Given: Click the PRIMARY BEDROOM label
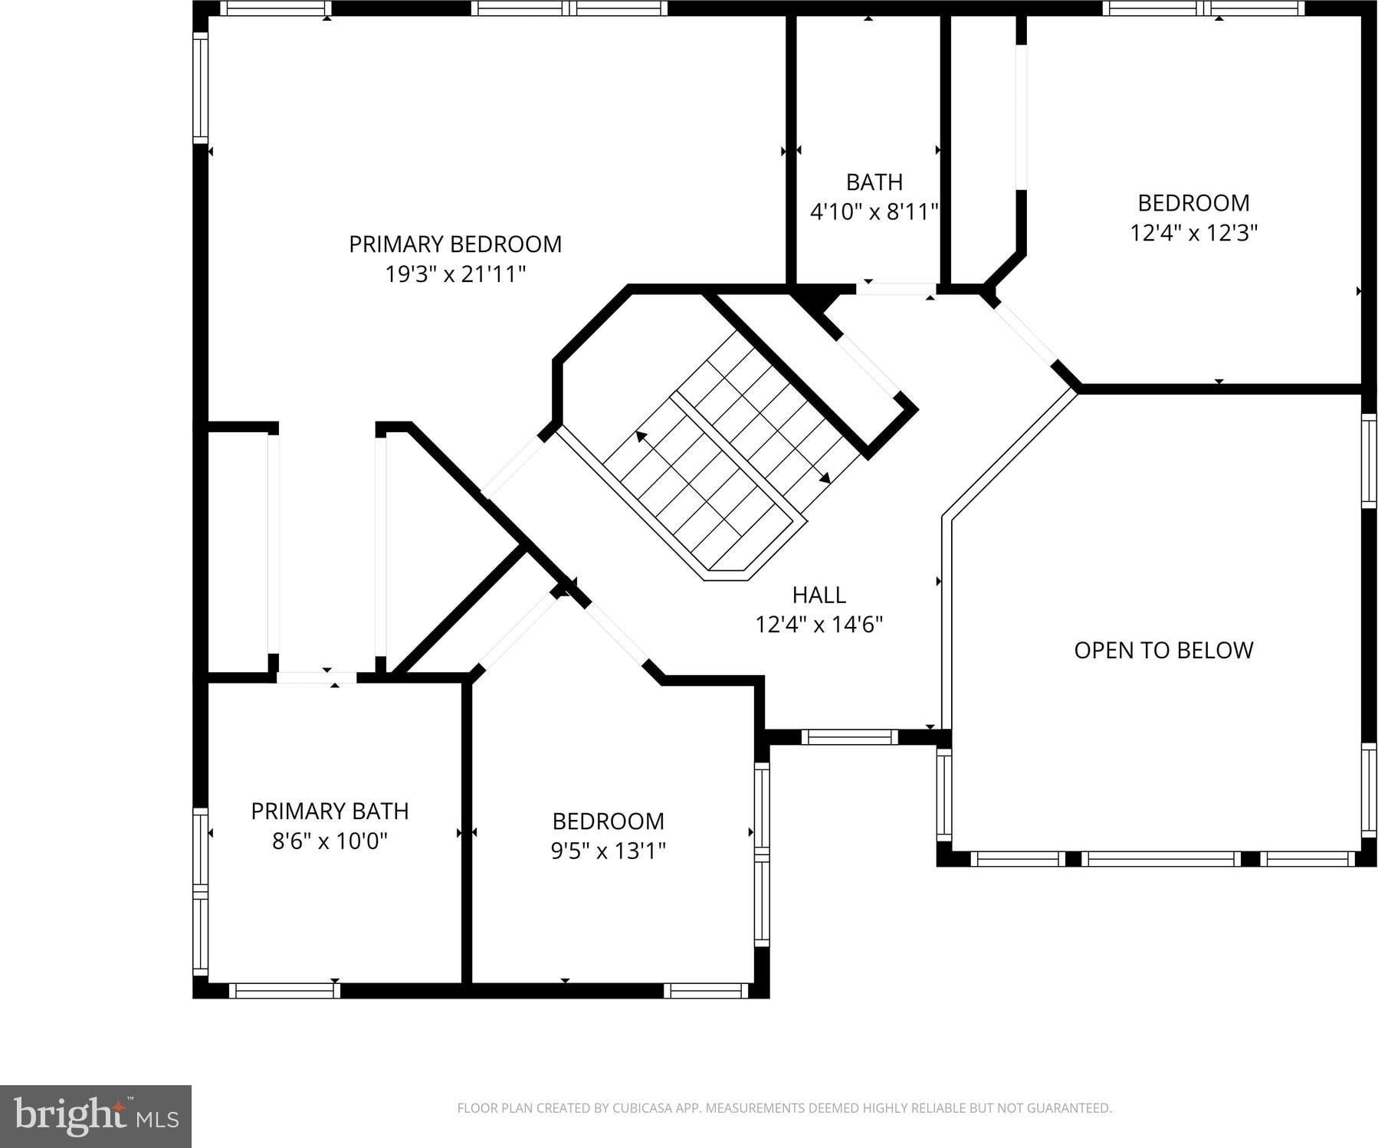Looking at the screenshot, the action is click(x=455, y=244).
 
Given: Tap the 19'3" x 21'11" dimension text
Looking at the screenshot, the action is click(x=455, y=274).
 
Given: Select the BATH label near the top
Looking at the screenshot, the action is click(x=874, y=182).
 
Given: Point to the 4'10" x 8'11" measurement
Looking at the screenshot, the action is click(x=874, y=212).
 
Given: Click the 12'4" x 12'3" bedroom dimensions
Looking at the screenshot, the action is click(x=1194, y=232).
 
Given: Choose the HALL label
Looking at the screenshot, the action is click(x=819, y=595).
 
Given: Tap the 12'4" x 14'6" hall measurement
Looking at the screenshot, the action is click(x=819, y=625).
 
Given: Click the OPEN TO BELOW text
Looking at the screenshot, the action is click(x=1163, y=651).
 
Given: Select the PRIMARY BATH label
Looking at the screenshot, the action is click(x=330, y=812).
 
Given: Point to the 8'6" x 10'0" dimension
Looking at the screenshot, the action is click(x=330, y=841).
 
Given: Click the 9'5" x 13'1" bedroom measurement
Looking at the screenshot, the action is click(x=609, y=851).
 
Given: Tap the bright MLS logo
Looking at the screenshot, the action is click(x=96, y=1116).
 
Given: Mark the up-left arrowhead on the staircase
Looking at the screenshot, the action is click(x=641, y=437).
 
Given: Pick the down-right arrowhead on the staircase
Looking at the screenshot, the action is click(x=825, y=479).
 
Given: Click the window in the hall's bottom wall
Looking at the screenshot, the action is click(x=849, y=737).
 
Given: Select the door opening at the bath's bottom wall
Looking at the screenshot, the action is click(x=895, y=289).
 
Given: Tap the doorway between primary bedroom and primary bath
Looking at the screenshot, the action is click(x=317, y=677).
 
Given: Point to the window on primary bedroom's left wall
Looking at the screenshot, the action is click(x=200, y=87).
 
